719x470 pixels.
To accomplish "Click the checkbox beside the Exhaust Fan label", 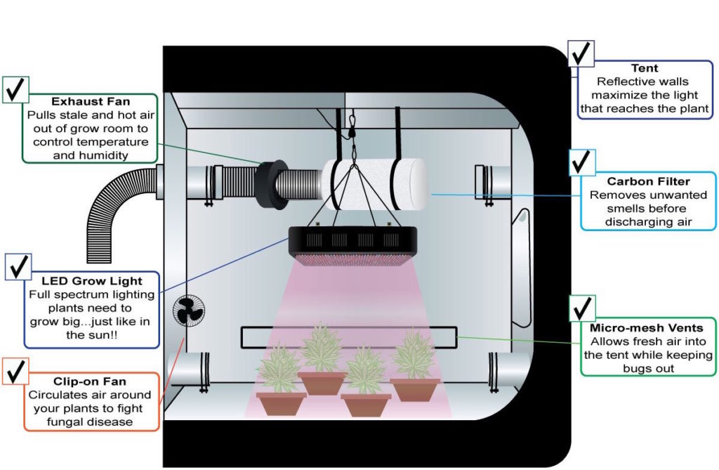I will click(x=20, y=89).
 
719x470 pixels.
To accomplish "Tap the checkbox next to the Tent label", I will click(x=581, y=53).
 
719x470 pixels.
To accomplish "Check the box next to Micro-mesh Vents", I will click(x=581, y=308).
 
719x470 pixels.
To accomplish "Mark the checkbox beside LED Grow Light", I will click(x=18, y=267).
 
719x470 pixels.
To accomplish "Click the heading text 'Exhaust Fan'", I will click(x=91, y=102).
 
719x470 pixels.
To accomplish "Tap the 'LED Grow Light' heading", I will click(x=91, y=281).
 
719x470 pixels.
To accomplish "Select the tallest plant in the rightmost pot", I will click(x=414, y=355).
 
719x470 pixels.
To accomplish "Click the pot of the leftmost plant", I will click(x=281, y=403).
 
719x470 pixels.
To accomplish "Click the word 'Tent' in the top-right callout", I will click(x=645, y=68).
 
